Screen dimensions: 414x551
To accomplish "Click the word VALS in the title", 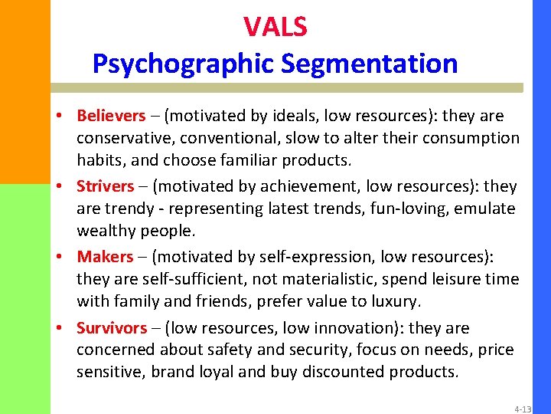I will [x=275, y=27].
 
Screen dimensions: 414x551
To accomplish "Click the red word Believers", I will [x=111, y=116].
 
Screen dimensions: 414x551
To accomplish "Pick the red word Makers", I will [x=105, y=257].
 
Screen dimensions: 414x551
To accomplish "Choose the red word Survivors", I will [x=112, y=328].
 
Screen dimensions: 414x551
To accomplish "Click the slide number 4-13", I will [x=523, y=409].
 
